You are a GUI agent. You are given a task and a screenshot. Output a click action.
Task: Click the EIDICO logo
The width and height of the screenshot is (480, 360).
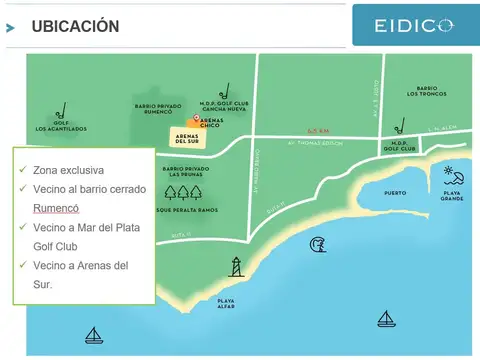tap(414, 24)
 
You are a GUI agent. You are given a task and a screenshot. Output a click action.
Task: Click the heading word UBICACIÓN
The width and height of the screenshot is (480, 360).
tap(75, 26)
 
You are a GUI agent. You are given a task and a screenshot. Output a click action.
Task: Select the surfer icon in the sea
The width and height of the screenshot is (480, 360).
tap(318, 244)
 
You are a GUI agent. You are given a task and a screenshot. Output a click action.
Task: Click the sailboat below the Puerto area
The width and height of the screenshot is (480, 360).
tap(386, 319)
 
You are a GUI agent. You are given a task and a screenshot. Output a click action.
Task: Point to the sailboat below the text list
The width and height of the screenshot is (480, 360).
tap(94, 335)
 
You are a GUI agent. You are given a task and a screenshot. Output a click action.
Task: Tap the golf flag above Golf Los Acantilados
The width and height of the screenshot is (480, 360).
tap(61, 110)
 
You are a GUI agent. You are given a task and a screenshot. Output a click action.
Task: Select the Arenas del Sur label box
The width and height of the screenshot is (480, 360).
tap(187, 138)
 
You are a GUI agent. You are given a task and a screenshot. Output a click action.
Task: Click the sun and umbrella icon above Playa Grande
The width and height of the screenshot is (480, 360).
tap(453, 173)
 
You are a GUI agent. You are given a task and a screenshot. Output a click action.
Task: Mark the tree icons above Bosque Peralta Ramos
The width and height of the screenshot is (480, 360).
tap(184, 193)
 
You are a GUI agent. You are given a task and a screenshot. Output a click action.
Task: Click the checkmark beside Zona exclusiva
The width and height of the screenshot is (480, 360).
tap(22, 170)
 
